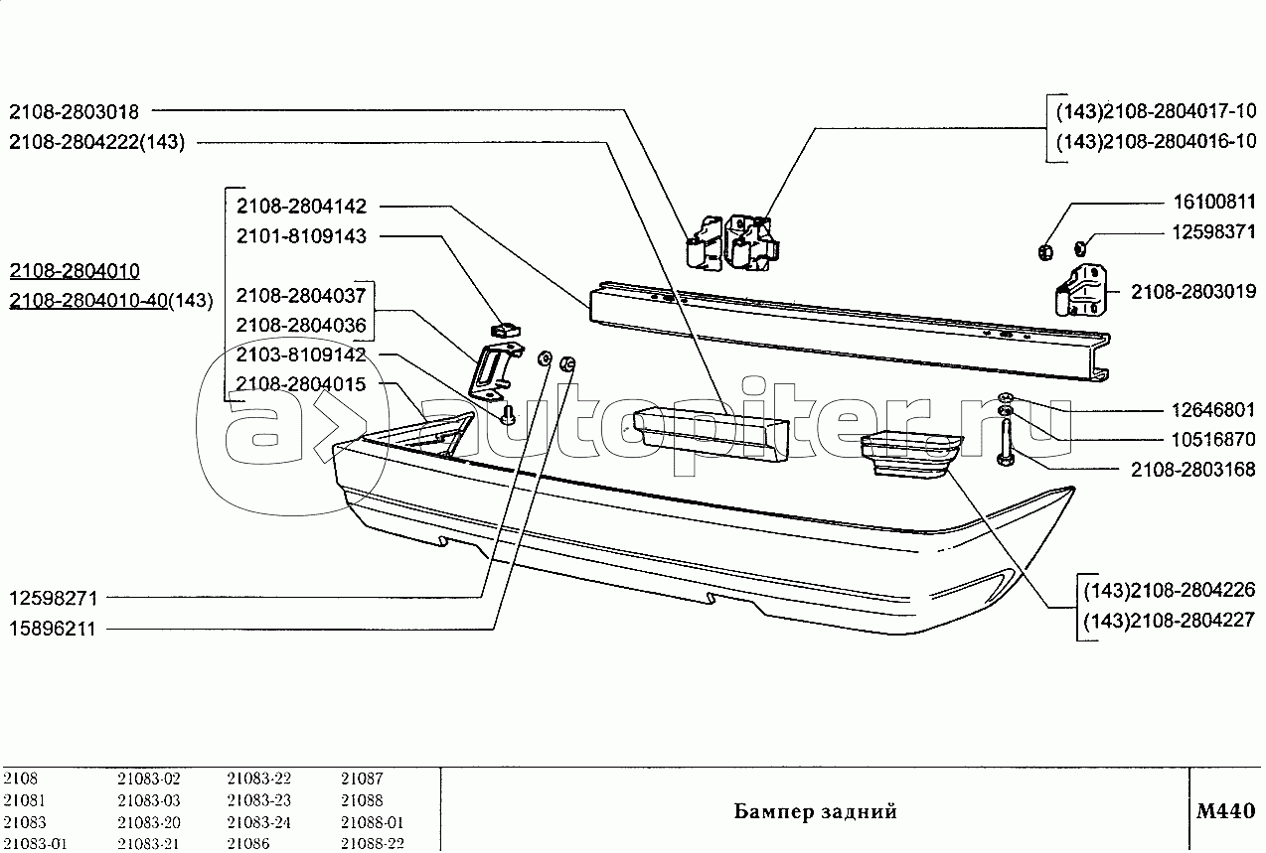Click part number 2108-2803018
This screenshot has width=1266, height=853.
75,112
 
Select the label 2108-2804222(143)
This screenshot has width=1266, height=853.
97,142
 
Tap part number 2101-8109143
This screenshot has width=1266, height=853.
301,236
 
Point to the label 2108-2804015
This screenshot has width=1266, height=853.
301,384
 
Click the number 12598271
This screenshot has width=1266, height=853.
53,598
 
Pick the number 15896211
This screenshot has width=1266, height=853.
53,628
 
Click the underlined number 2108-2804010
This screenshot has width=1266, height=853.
75,272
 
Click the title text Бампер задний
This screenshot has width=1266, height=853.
815,811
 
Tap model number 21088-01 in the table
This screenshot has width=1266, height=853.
372,822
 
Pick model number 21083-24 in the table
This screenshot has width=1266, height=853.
258,822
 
